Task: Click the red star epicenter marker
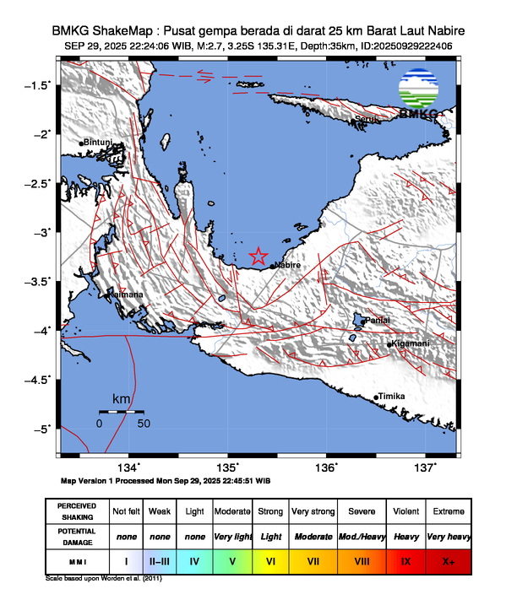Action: click(x=258, y=257)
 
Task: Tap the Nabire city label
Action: click(x=287, y=265)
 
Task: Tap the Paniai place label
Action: click(x=377, y=321)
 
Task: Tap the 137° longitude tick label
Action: click(x=425, y=467)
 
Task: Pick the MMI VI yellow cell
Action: click(x=270, y=559)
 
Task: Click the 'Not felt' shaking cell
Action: click(x=126, y=511)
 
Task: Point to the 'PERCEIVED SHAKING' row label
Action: click(x=77, y=511)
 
